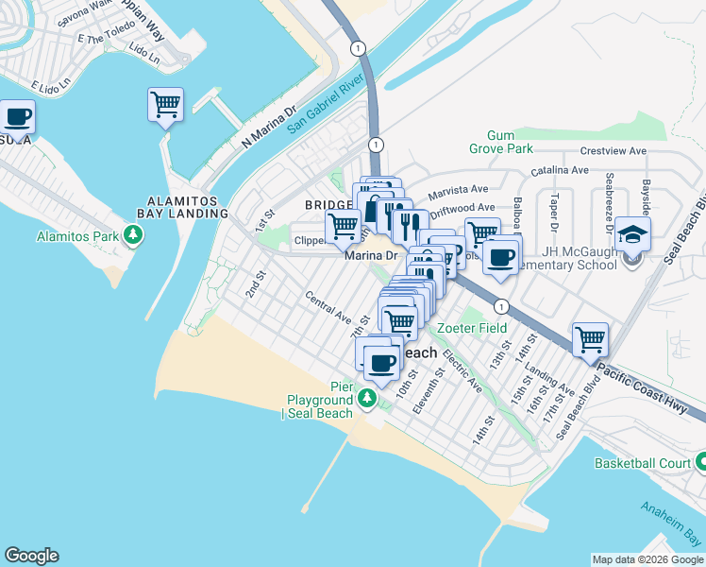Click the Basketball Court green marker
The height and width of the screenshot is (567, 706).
(701, 462)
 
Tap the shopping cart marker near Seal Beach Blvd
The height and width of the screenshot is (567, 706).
(590, 338)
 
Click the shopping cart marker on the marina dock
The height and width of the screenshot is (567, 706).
(165, 103)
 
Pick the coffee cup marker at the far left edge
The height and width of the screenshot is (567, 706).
(18, 117)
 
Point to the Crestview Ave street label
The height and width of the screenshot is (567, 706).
(613, 150)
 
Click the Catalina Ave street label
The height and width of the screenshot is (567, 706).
(560, 170)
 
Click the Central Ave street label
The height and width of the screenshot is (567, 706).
(328, 304)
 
